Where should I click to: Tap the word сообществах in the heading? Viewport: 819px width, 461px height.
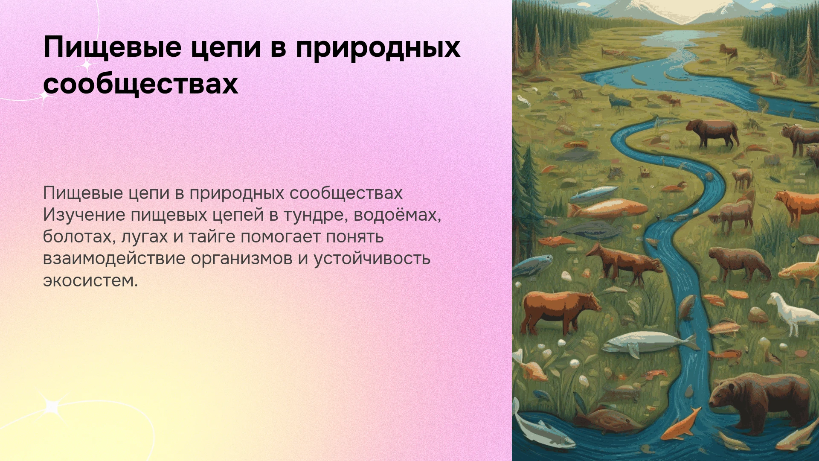point(140,83)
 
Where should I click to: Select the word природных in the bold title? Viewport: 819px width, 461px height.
point(378,47)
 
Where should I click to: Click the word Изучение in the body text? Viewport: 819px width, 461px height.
point(84,215)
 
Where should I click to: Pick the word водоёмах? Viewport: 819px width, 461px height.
point(397,215)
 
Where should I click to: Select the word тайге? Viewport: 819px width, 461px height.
point(212,237)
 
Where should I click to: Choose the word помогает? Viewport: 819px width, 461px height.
point(280,237)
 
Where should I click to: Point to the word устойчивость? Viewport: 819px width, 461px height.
point(372,259)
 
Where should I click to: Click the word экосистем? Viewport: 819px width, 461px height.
point(90,281)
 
